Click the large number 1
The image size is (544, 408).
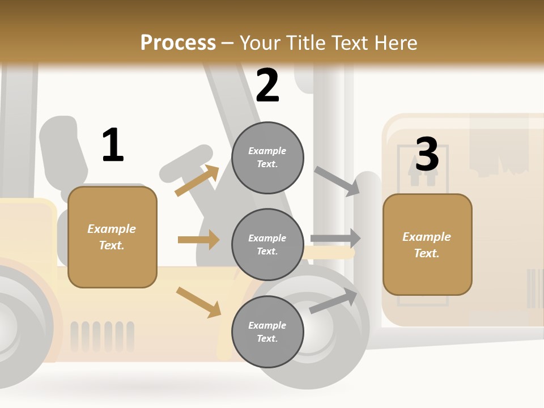[113, 145]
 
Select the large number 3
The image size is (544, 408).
[427, 154]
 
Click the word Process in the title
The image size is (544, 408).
[178, 42]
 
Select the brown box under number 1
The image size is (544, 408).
[112, 237]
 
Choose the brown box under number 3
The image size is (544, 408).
[427, 245]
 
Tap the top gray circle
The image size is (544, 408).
[267, 158]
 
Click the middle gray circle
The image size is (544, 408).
[267, 244]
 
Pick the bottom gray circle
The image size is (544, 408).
[267, 331]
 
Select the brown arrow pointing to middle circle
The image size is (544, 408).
[198, 240]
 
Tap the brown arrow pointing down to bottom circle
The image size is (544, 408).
[199, 302]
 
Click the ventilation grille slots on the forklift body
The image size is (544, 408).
[103, 335]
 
